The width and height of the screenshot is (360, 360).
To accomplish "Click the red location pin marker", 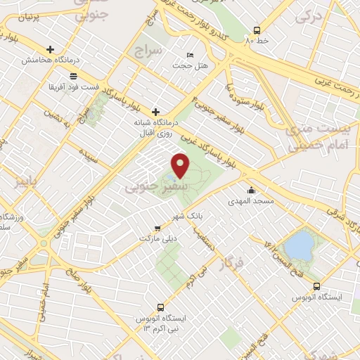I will click(181, 165).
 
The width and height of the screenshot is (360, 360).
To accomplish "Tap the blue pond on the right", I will click(300, 245).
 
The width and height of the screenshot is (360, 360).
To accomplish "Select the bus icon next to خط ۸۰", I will click(257, 30).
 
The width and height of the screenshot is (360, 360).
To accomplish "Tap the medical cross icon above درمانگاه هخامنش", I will click(50, 49).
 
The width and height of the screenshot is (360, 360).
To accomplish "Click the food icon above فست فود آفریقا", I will click(73, 75).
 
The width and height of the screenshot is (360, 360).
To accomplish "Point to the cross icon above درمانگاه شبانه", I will click(155, 111).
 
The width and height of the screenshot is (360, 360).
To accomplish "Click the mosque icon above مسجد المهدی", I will click(251, 190).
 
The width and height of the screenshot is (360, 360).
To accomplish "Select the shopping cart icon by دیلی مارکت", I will click(158, 228).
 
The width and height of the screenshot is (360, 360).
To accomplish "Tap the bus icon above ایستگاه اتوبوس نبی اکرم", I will click(161, 307).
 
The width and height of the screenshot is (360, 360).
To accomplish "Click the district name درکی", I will click(307, 18).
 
